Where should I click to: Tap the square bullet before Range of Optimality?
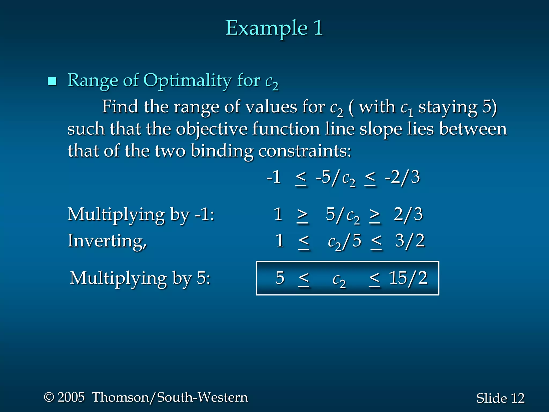[x=52, y=81]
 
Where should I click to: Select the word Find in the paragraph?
[x=119, y=107]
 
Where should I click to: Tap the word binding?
[x=222, y=151]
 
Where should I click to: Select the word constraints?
[x=305, y=151]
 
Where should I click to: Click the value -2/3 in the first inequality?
[x=402, y=177]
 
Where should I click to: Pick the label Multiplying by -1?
[x=141, y=215]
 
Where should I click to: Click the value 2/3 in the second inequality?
[x=408, y=215]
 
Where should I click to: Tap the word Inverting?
[x=107, y=241]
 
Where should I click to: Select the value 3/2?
[x=410, y=241]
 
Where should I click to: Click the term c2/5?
[x=344, y=241]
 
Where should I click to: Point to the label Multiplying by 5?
[x=140, y=278]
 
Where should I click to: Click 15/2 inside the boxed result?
[x=408, y=278]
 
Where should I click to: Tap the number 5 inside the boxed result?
[x=280, y=278]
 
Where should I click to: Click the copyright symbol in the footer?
[x=49, y=397]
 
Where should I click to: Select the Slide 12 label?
[x=500, y=398]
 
